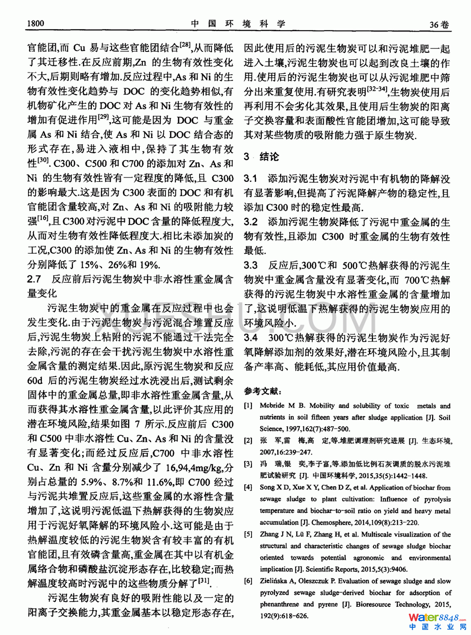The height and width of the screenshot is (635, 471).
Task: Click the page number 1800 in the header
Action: coord(36,23)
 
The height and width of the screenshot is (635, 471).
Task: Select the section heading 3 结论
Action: coord(262,157)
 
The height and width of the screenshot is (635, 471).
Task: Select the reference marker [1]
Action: coord(248,406)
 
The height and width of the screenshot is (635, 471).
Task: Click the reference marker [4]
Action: coord(248,488)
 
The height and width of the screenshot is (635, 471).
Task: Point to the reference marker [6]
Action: coord(248,581)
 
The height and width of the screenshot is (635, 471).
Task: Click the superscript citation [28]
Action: coord(185,45)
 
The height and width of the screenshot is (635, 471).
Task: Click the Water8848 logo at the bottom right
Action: coord(437,621)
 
